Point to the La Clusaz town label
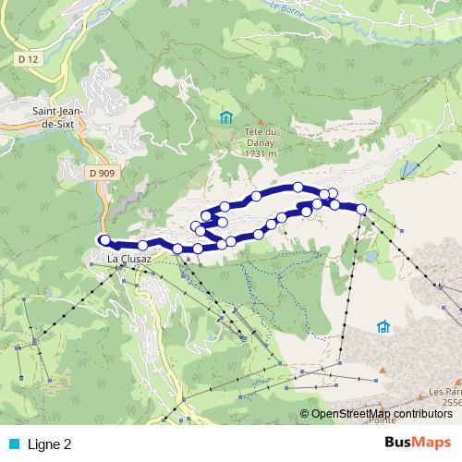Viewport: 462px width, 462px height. (x=128, y=259)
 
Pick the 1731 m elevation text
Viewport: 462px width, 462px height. (x=263, y=153)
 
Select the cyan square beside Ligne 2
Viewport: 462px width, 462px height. (x=14, y=444)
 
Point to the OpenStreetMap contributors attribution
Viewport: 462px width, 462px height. (x=381, y=413)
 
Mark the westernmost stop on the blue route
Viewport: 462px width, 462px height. (x=104, y=239)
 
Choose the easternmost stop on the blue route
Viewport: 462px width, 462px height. (x=361, y=209)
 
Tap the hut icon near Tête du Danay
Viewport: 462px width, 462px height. (x=226, y=116)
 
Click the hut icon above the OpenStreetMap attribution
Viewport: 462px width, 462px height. (x=383, y=326)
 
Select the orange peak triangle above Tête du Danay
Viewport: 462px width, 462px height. (x=261, y=123)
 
